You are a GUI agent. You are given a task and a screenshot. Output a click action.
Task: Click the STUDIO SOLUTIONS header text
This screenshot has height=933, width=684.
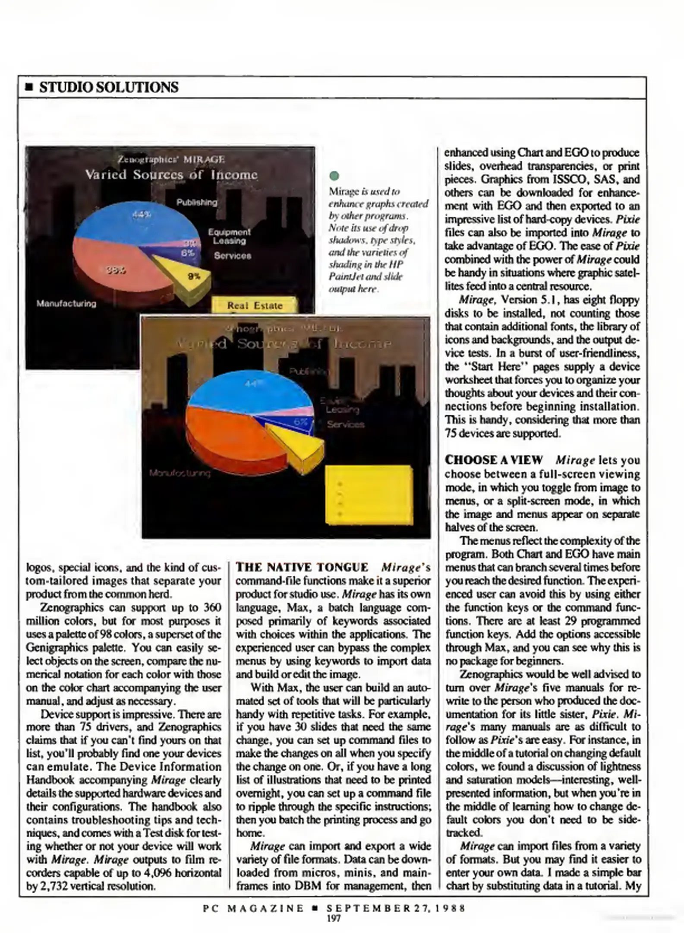click(109, 87)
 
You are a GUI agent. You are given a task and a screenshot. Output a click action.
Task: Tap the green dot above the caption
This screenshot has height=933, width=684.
click(334, 176)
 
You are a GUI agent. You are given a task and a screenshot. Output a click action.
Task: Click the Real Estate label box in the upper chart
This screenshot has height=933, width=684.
click(255, 305)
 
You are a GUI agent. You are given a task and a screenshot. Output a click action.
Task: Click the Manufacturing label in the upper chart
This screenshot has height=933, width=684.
click(66, 303)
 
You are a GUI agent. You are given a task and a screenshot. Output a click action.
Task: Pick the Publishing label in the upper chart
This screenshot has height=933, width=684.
click(197, 202)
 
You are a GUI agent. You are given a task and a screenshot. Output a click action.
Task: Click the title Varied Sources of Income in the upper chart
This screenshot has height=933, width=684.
click(171, 175)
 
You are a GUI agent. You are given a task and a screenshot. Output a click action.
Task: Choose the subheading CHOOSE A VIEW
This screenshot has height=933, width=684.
click(494, 460)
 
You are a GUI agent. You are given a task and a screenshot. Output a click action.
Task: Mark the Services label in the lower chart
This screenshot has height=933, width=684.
click(345, 425)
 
